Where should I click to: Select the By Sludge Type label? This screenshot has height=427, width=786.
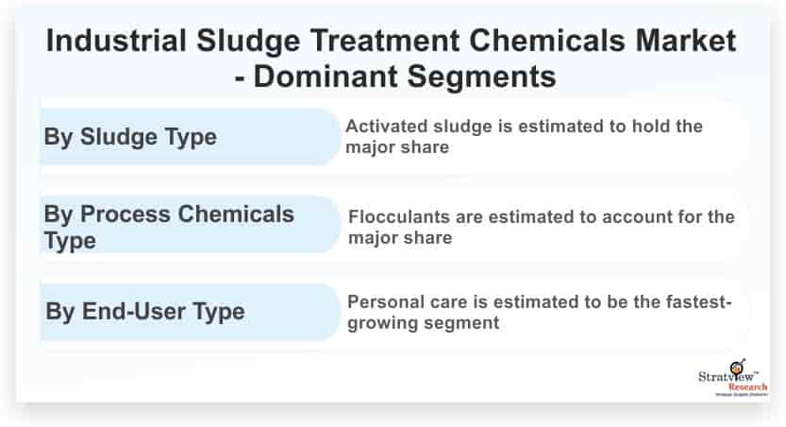130,137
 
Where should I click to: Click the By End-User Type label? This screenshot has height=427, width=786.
144,310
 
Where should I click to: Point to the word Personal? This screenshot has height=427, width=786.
383,303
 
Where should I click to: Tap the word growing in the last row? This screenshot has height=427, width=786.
380,324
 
